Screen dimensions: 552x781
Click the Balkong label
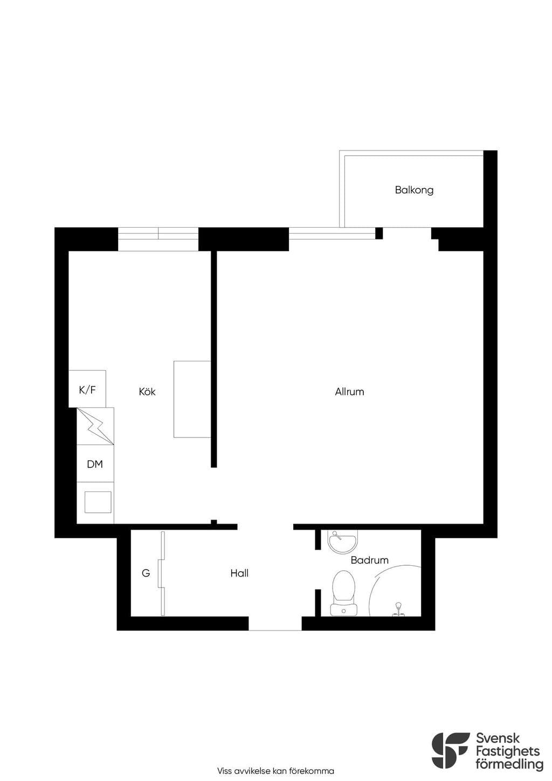[414, 190]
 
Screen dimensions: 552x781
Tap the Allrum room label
[349, 392]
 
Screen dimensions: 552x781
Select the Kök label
[147, 392]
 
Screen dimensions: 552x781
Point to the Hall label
[239, 573]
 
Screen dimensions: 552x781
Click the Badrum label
[369, 560]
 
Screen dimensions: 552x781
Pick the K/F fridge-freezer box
[87, 389]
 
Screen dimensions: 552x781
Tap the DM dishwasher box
[95, 463]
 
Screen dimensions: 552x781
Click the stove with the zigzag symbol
[95, 426]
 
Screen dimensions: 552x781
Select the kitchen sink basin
[98, 502]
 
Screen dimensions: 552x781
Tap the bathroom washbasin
[343, 542]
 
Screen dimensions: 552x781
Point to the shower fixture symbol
[398, 609]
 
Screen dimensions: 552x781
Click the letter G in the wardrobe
[146, 573]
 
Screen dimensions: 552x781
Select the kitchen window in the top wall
[158, 239]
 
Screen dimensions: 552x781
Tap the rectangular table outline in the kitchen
[192, 399]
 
